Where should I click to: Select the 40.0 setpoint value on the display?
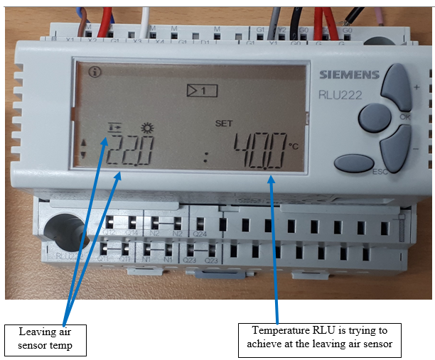260,151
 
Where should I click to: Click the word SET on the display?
223,124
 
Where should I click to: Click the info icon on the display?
94,71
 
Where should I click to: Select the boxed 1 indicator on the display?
201,90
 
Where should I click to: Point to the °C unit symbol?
294,146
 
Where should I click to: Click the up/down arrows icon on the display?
84,148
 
